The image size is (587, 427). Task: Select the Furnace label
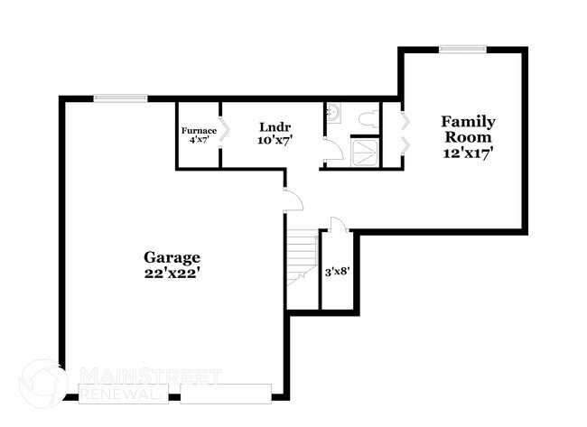point(199,130)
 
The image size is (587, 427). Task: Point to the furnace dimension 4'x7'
point(199,141)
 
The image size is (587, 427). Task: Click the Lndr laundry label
point(274,126)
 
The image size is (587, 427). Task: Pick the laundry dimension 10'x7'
point(274,142)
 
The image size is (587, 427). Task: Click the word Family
point(467,121)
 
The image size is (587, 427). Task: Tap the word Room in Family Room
point(467,137)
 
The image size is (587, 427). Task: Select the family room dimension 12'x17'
point(467,153)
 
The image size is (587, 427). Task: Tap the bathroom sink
point(332,112)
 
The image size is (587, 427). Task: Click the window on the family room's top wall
point(462,49)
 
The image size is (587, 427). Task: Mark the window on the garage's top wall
point(121,98)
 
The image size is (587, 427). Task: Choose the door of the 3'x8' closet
point(336,227)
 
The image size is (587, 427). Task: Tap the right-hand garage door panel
point(226,393)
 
